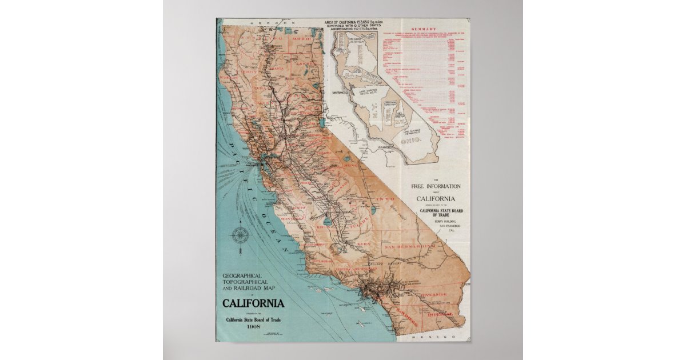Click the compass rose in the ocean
[x=241, y=234]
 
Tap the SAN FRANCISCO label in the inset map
[x=340, y=92]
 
